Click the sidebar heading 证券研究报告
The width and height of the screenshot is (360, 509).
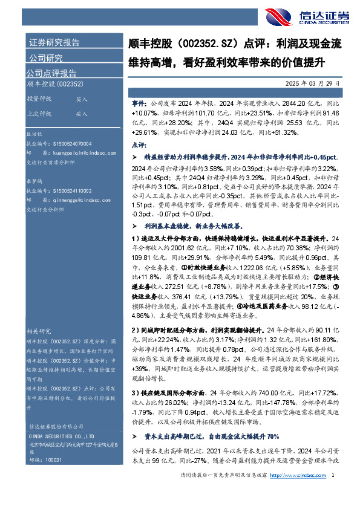[x=54, y=43]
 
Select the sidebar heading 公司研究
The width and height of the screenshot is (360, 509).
[x=46, y=58]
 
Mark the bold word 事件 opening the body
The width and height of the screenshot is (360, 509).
[x=139, y=104]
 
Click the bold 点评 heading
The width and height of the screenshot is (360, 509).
[x=139, y=145]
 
